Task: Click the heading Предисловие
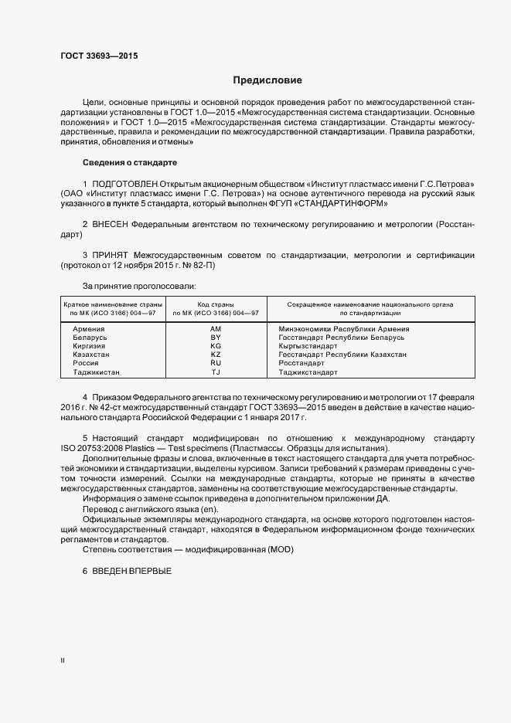click(267, 80)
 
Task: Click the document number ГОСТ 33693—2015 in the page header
click(100, 56)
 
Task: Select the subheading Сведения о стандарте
click(130, 163)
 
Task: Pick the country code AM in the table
click(216, 328)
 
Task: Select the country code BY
click(216, 338)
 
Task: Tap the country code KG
click(216, 346)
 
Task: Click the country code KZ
click(216, 355)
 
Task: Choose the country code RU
click(216, 363)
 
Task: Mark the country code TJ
click(216, 372)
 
